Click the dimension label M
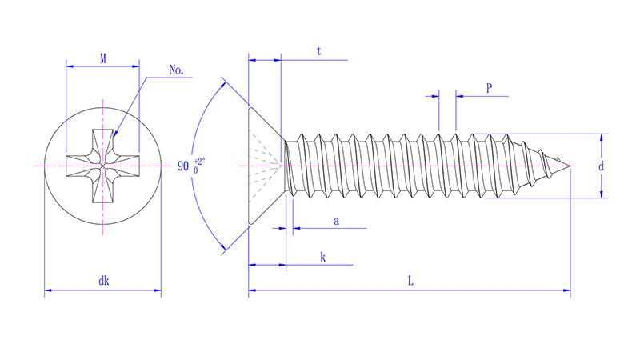103,58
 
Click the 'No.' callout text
177,70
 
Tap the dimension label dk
103,281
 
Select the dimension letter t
318,50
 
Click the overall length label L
410,281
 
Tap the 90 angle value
183,167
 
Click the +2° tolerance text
199,161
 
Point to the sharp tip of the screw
570,166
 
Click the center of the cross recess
103,166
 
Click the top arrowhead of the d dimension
601,138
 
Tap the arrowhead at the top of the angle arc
222,82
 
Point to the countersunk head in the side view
264,166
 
